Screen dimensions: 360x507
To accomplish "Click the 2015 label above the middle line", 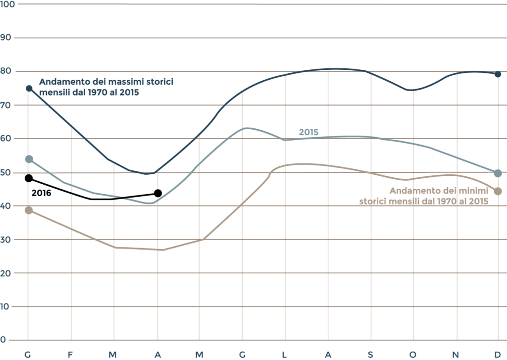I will pyautogui.click(x=308, y=132).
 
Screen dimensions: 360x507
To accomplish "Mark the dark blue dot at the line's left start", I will pyautogui.click(x=29, y=88).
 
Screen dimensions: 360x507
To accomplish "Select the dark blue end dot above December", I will pyautogui.click(x=498, y=74).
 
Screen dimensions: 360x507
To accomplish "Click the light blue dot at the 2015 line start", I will pyautogui.click(x=29, y=159).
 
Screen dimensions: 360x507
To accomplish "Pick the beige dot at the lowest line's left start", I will pyautogui.click(x=29, y=210).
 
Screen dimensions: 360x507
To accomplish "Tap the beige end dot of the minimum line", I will pyautogui.click(x=498, y=191).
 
